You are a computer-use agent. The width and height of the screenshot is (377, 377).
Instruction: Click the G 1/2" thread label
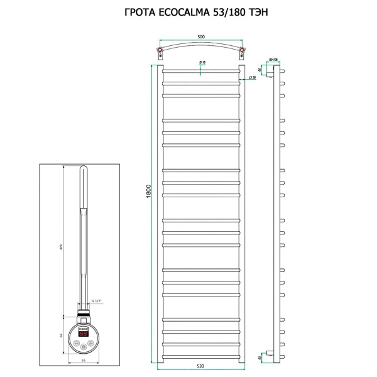click(96, 301)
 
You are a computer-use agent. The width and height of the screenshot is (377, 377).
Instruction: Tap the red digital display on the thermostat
click(82, 328)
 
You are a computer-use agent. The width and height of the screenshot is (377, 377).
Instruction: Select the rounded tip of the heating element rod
click(83, 170)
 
